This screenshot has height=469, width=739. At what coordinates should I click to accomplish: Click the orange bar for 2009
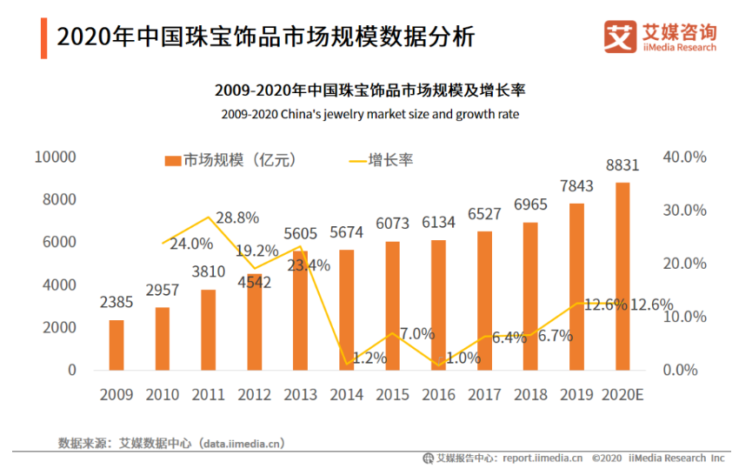tap(116, 345)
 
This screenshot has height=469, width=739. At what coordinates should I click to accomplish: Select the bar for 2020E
tap(622, 276)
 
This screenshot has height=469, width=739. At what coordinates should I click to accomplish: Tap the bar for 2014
tap(346, 310)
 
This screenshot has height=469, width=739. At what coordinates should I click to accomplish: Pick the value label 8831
tap(622, 165)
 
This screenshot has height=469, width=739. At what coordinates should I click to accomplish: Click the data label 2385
tap(116, 304)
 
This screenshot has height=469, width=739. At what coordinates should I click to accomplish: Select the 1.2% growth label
tap(369, 358)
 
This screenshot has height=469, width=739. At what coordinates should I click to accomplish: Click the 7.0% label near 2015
tap(416, 333)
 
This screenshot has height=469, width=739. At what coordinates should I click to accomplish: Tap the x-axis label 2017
tap(484, 395)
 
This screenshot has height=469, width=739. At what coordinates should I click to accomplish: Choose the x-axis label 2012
tap(254, 395)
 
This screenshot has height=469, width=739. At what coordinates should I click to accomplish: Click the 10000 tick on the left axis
tap(56, 157)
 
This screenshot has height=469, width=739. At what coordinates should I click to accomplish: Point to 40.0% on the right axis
tap(685, 157)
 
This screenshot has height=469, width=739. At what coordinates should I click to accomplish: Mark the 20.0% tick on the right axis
tap(685, 264)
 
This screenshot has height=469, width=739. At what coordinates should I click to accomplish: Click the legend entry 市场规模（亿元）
tap(230, 160)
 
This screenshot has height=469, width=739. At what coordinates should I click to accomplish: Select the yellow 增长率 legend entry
tap(380, 160)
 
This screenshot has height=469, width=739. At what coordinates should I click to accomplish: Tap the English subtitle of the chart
tap(369, 114)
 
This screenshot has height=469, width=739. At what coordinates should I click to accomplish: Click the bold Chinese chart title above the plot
tap(369, 90)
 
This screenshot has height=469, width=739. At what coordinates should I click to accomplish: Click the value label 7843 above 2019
tap(576, 187)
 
